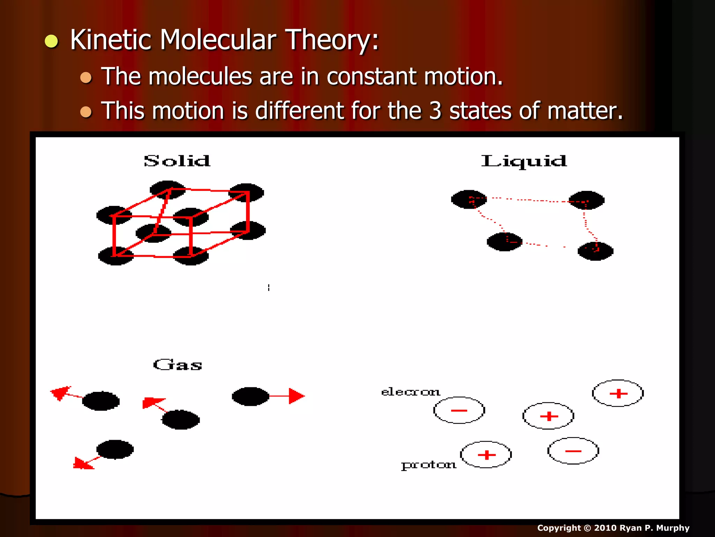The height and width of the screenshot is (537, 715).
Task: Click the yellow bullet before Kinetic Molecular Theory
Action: coord(51,41)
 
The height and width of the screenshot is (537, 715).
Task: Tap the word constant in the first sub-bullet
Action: coord(371,77)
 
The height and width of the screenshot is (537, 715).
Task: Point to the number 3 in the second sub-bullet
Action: coord(435,111)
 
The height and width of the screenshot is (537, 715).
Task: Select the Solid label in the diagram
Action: coord(177,161)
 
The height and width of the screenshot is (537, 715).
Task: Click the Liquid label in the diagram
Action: coord(524,161)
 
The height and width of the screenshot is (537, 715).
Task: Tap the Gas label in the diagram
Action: coord(178,365)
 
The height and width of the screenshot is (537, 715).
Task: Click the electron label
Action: coord(410,392)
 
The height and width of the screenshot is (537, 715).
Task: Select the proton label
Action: coord(428,465)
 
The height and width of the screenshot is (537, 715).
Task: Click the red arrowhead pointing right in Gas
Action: coord(296,396)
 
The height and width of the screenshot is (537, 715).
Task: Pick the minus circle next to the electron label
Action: coord(459,410)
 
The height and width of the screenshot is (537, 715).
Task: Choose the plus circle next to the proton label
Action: coord(486,454)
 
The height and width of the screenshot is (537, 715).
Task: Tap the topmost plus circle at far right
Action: coord(618,393)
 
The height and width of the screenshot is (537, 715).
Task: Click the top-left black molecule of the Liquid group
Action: coord(469,199)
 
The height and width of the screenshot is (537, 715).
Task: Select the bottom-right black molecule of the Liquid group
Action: coord(595,251)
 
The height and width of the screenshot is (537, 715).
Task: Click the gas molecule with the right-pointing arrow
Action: coord(250,396)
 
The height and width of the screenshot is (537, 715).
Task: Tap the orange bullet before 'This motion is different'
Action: coord(86,112)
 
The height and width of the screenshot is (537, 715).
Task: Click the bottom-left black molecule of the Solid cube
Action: coord(115,256)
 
